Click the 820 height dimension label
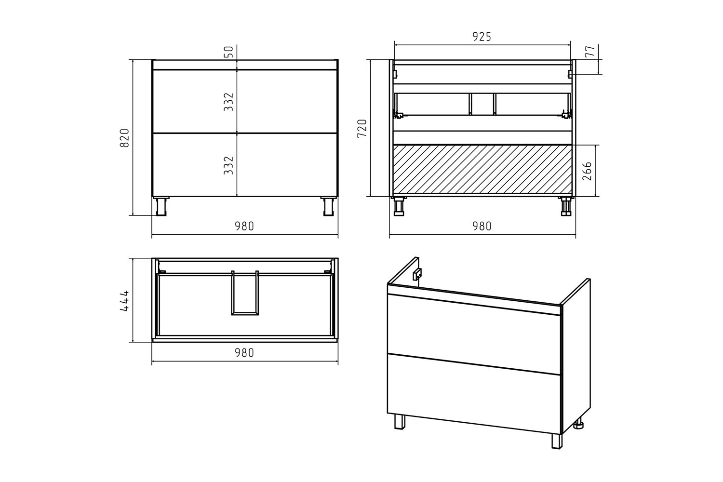(x=124, y=138)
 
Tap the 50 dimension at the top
(x=228, y=52)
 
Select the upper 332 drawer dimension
(x=228, y=102)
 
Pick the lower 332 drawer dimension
(x=228, y=165)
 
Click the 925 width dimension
(x=482, y=37)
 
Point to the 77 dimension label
(x=590, y=51)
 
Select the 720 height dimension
(x=362, y=128)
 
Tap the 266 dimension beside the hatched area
(x=587, y=171)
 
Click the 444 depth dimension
(x=124, y=301)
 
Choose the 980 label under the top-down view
(x=244, y=353)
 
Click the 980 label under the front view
(x=244, y=226)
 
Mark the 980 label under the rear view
(x=482, y=226)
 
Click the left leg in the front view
(x=161, y=206)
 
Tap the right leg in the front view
(x=329, y=206)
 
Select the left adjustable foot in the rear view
(x=399, y=206)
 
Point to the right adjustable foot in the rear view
(x=566, y=206)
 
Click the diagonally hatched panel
(x=482, y=170)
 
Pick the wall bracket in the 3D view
(x=417, y=274)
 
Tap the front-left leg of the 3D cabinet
(x=400, y=421)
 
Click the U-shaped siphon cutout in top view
(x=245, y=313)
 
